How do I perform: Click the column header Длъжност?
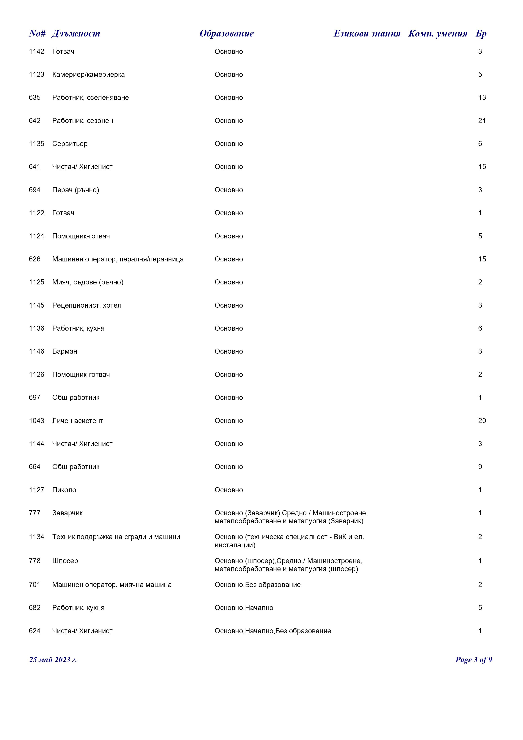76,34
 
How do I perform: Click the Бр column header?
481,34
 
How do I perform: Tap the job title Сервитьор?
70,144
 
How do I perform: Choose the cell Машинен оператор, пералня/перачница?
118,259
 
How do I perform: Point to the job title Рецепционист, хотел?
87,305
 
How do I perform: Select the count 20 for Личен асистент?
482,421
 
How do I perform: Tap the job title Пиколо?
64,490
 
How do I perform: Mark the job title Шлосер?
65,561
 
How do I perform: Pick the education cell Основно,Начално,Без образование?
272,631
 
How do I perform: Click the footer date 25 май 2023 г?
53,660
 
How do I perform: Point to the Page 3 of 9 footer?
473,660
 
